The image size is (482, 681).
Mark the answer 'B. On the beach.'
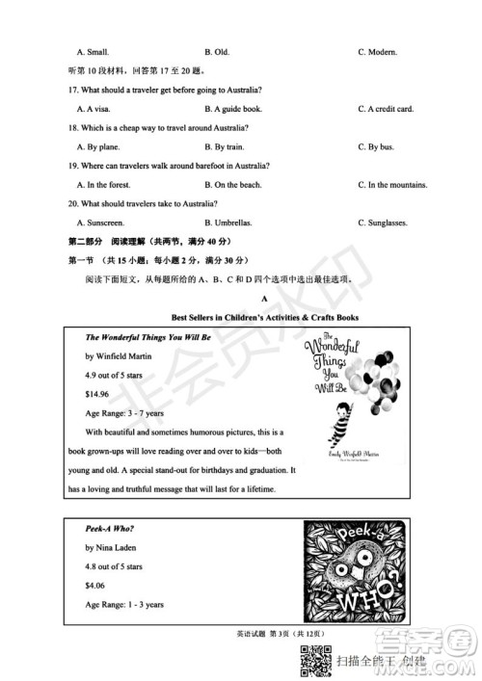click(233, 184)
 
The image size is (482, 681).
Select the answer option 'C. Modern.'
click(378, 51)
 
